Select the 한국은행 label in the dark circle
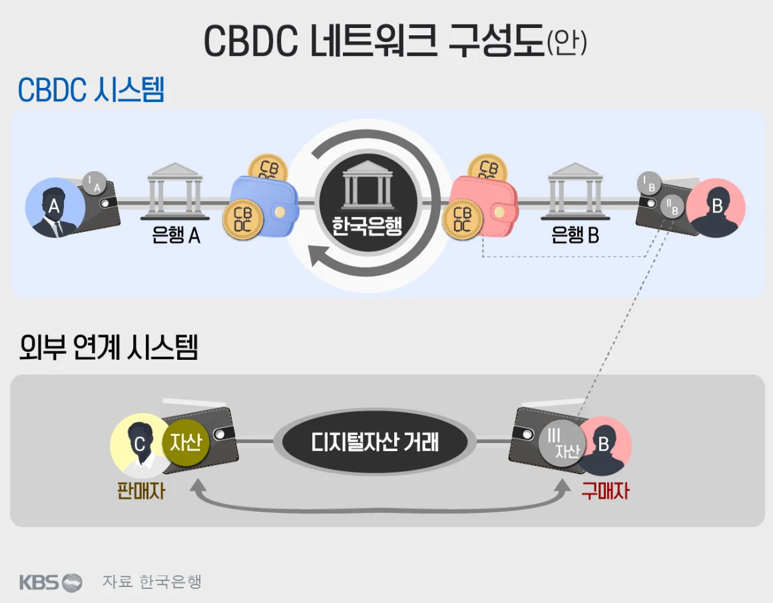pos(368,226)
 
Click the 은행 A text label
pos(176,235)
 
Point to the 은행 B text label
pos(575,235)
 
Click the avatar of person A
pos(55,208)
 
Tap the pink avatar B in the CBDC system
pos(716,208)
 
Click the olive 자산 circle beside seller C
pos(186,442)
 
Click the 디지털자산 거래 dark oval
pos(375,442)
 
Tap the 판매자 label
pos(141,491)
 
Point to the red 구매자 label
pos(605,491)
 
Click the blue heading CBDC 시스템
pos(91,90)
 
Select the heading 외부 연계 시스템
pos(109,347)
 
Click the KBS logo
pos(51,582)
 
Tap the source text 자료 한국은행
pos(152,581)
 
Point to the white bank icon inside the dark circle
pos(368,185)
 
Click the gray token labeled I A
pos(94,183)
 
